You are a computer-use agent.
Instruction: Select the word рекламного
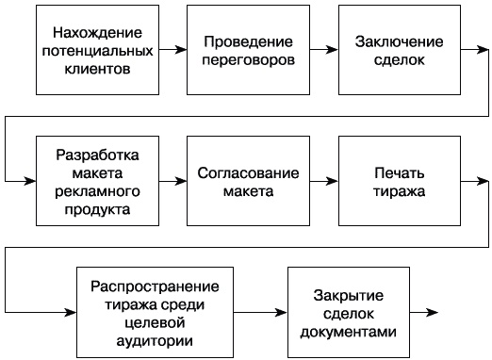point(98,191)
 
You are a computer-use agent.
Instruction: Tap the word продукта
point(98,208)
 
